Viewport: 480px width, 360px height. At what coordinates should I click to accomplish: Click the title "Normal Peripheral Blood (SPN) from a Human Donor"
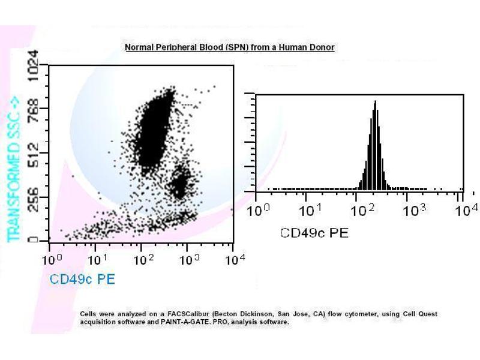click(229, 47)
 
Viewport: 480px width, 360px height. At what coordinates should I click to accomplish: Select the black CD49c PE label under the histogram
click(314, 232)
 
